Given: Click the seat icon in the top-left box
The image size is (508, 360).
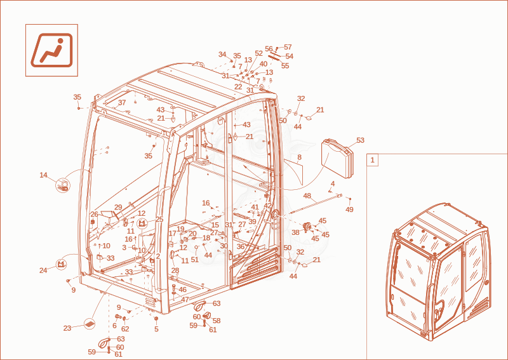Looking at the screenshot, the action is tap(52, 50).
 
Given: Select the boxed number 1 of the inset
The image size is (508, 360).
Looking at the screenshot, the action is tap(372, 160).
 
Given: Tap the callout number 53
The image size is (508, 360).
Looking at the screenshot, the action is tap(360, 140).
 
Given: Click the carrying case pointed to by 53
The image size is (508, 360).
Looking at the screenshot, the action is tap(337, 158).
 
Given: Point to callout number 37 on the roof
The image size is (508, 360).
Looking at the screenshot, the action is tap(122, 103).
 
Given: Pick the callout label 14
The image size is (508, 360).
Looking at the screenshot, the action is tap(43, 175).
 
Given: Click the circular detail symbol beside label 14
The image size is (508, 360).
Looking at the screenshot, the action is tap(63, 185).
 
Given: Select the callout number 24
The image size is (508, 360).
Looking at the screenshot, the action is tap(43, 270).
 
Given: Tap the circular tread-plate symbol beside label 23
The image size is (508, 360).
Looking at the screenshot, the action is tap(90, 323).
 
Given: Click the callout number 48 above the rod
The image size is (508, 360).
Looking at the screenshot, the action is tap(307, 196).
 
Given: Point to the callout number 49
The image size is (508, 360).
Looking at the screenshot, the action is tap(349, 210).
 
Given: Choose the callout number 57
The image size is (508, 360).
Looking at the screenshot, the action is tap(288, 48).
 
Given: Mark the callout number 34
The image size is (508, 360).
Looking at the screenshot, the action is tap(222, 54).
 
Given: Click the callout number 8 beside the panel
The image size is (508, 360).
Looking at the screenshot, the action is tap(299, 157).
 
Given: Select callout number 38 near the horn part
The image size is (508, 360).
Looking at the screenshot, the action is tap(295, 232).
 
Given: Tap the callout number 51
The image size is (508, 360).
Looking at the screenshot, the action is tap(194, 260).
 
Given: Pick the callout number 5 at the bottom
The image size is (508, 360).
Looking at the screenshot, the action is tap(156, 330).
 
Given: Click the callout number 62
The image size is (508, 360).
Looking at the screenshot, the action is tap(125, 329).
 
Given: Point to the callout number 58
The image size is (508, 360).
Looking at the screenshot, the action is tap(217, 321).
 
